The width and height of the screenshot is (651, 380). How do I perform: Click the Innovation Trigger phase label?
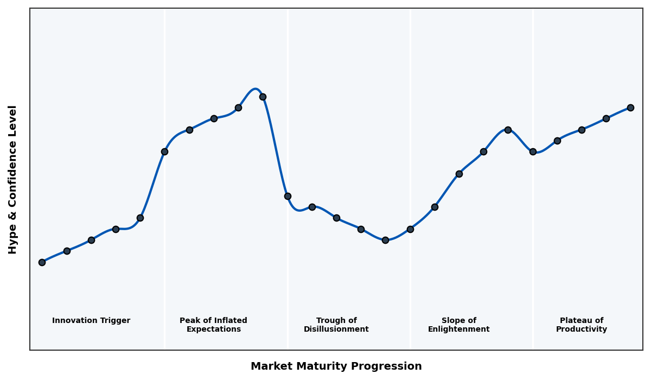[91, 321]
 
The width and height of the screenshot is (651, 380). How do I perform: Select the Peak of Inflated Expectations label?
[213, 325]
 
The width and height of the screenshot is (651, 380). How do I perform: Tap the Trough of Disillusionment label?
[336, 325]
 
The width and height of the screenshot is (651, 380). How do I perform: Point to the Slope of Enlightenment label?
[458, 325]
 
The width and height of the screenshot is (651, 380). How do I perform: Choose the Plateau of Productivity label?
[582, 325]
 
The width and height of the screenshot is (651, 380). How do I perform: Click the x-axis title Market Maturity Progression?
[336, 366]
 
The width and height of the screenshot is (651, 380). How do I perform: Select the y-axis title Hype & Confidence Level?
[13, 179]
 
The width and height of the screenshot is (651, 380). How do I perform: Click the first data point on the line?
[42, 262]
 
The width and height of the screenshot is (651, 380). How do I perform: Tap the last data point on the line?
[630, 107]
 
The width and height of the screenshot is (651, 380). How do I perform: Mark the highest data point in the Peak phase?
[263, 97]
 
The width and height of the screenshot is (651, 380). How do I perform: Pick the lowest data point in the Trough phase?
[385, 240]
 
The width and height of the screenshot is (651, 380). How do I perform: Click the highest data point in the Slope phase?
[508, 130]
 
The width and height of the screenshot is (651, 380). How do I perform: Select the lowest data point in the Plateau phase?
[533, 151]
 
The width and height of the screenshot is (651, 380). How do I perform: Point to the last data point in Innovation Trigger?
[140, 218]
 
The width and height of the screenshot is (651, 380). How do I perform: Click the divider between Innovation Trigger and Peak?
[165, 179]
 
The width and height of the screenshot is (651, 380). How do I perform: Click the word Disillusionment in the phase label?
[336, 330]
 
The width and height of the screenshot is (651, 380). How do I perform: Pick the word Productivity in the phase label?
[582, 330]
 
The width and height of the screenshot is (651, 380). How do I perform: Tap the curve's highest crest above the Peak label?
[255, 88]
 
